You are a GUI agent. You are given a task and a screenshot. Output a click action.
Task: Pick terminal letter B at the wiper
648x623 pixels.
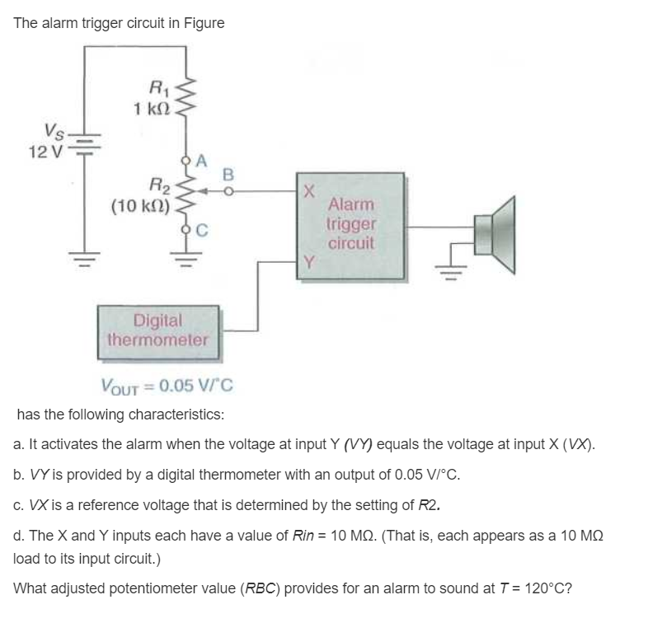(228, 174)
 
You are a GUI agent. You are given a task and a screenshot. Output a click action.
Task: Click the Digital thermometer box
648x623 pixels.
(158, 329)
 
